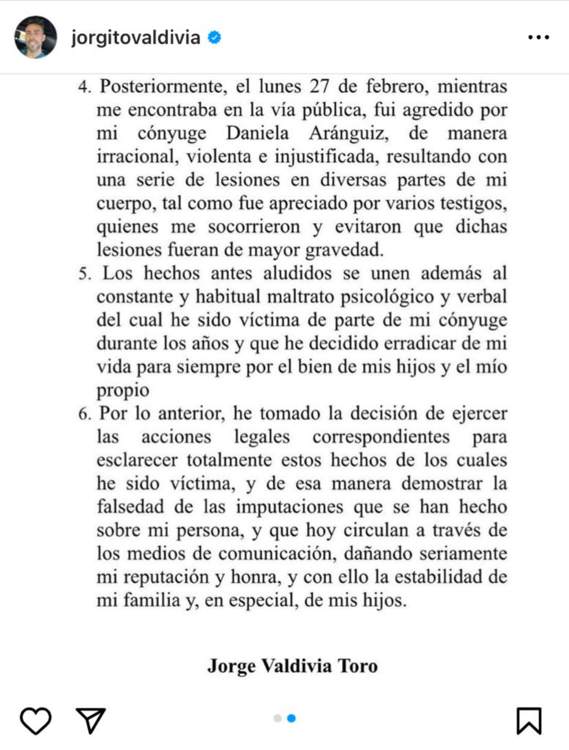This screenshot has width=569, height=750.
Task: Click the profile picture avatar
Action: (36, 37)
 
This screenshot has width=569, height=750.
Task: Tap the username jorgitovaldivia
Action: (136, 37)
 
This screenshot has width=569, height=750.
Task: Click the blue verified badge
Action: (215, 38)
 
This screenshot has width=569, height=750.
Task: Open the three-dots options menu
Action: (538, 38)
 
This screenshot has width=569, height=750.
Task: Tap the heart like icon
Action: (36, 721)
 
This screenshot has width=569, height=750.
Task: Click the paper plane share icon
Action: (91, 720)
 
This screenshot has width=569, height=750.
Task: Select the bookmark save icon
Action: (529, 721)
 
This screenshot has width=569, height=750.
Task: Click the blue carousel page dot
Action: (292, 718)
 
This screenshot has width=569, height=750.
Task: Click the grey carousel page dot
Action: (277, 718)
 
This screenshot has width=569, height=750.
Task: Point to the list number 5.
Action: (84, 273)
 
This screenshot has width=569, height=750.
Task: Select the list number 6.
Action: (84, 414)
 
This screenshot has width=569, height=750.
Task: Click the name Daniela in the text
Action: (257, 133)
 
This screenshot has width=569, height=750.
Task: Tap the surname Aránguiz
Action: (349, 134)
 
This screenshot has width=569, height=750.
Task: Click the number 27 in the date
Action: (319, 86)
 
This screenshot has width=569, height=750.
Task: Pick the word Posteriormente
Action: (160, 86)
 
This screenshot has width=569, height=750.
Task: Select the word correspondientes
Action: (381, 437)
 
